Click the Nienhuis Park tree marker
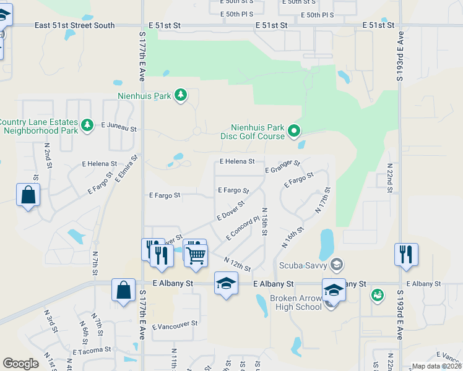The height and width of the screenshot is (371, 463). (x=181, y=95)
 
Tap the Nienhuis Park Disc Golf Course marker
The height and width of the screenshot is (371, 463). (x=295, y=130)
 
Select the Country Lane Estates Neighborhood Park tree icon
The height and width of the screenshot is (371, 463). (x=87, y=126)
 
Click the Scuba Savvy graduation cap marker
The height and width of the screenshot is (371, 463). (x=337, y=265)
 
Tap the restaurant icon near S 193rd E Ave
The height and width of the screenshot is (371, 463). (x=406, y=254)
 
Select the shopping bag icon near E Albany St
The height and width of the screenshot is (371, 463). (x=124, y=290)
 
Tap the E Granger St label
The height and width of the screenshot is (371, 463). (x=282, y=166)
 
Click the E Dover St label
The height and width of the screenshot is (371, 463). (x=231, y=210)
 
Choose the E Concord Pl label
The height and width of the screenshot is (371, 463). (x=243, y=228)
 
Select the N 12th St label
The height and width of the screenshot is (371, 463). (x=237, y=264)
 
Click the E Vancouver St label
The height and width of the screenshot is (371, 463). (x=175, y=323)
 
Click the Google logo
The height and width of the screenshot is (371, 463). (x=20, y=364)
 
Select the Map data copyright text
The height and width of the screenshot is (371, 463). (x=437, y=366)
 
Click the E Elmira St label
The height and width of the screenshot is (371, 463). (x=126, y=171)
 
